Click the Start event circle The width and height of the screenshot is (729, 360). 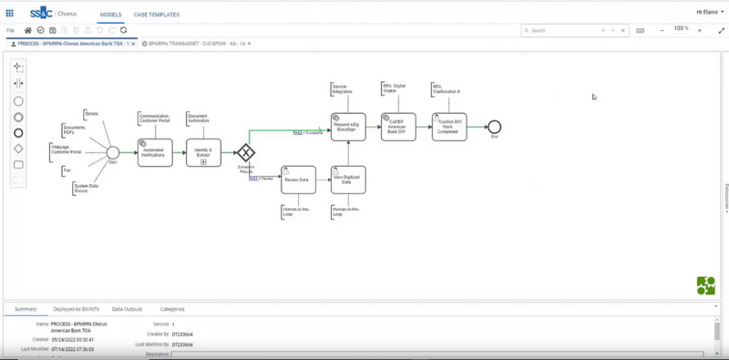(x=113, y=152)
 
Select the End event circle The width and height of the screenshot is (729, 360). (x=494, y=126)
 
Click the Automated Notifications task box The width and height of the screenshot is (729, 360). (x=155, y=152)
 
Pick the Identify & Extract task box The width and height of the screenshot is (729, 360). (x=203, y=152)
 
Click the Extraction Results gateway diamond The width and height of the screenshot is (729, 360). (x=245, y=152)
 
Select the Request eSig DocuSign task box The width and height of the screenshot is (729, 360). (x=347, y=127)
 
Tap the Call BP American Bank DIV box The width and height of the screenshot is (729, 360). (x=398, y=127)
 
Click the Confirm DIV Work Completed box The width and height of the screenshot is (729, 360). (x=449, y=127)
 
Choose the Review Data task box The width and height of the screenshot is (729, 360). (x=298, y=180)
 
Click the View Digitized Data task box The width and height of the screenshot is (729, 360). (x=347, y=180)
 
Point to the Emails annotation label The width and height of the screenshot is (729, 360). (x=91, y=115)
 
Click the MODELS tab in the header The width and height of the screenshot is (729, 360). (x=110, y=15)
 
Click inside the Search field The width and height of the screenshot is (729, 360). (x=560, y=30)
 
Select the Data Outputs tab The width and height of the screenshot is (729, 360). (x=127, y=309)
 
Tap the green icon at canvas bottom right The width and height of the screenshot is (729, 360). (x=705, y=285)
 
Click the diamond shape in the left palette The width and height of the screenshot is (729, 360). (x=18, y=149)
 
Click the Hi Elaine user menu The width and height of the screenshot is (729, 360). (x=707, y=12)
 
